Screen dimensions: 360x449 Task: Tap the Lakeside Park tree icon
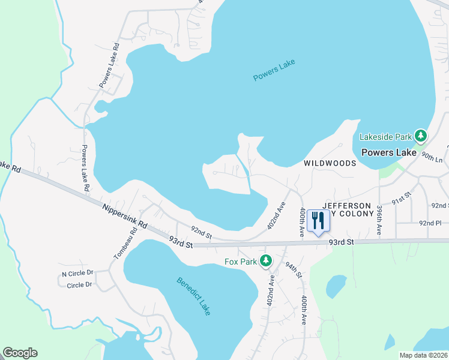point(421,136)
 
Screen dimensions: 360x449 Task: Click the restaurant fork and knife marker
point(318,221)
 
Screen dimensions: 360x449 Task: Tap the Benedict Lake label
point(193,296)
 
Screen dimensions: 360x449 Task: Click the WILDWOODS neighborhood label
point(330,163)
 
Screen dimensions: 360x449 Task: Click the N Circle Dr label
point(78,274)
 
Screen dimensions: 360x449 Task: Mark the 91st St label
point(401,199)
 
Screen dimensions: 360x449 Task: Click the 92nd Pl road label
point(430,223)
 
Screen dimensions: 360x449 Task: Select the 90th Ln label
point(431,157)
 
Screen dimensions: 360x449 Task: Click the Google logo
point(20,353)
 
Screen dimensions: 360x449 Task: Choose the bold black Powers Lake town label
point(389,152)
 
